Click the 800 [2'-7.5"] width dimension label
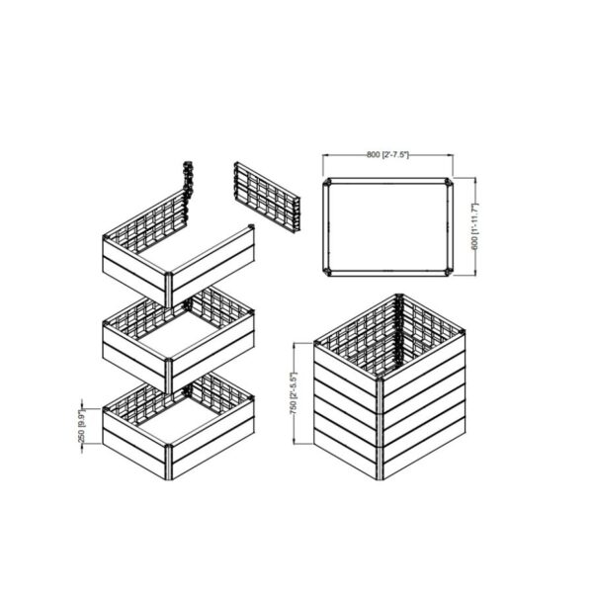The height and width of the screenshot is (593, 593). tap(387, 155)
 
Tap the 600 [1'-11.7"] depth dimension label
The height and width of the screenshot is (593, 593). tap(475, 227)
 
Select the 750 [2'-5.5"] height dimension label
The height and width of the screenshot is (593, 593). tap(294, 393)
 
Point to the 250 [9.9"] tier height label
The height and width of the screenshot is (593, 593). tap(82, 427)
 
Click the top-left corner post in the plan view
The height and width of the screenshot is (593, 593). tap(327, 183)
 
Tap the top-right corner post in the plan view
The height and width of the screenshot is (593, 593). tap(450, 182)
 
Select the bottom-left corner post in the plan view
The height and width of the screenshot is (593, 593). tap(327, 272)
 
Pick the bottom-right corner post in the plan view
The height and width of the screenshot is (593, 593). tap(450, 272)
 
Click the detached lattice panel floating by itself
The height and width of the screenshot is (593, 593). tap(267, 198)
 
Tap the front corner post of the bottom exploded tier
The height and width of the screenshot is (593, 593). tap(169, 463)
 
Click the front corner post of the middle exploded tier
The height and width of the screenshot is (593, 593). tap(169, 376)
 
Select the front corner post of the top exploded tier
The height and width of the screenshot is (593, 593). tap(169, 290)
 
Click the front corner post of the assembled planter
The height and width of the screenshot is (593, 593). tap(381, 428)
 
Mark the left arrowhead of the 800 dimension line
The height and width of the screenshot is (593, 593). tap(325, 155)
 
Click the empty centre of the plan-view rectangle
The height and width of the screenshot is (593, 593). tap(388, 227)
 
